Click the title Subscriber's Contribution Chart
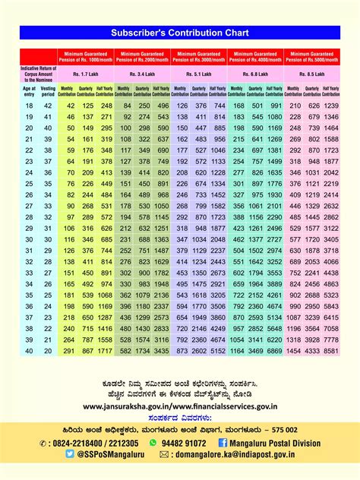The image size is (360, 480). [180, 33]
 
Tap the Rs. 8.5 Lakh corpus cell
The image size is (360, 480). [312, 74]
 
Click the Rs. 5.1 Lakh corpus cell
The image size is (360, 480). [199, 74]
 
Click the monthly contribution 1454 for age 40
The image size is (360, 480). [293, 352]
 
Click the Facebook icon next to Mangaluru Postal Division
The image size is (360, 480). [223, 442]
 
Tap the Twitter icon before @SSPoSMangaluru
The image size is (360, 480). [70, 454]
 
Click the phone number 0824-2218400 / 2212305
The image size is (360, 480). [93, 442]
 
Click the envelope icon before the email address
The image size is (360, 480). [164, 454]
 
